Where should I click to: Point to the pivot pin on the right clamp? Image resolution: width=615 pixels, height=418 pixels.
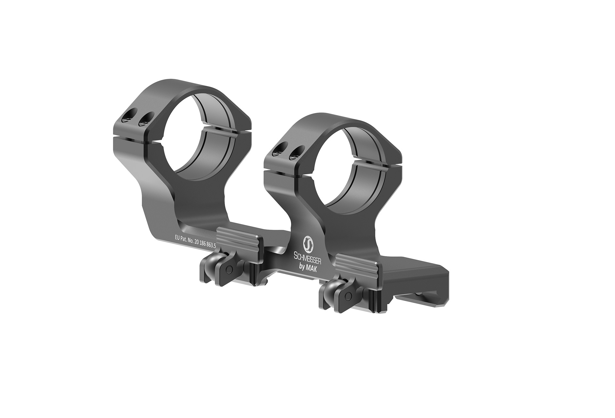(349, 297)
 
